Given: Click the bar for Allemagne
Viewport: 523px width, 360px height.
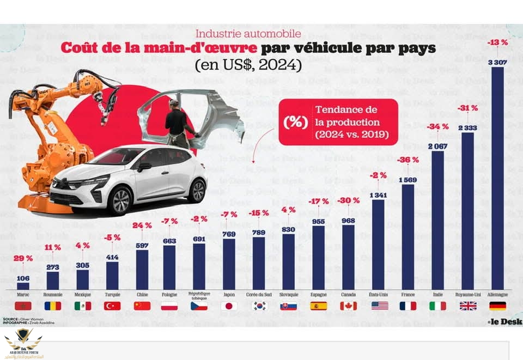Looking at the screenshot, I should [x=497, y=180].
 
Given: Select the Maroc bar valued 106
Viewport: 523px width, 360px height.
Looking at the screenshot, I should [x=23, y=285].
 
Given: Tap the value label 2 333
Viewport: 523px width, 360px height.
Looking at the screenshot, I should [x=467, y=127].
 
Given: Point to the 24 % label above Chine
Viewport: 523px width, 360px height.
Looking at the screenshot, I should [x=142, y=225].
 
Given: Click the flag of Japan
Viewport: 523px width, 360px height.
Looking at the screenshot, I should [x=229, y=306].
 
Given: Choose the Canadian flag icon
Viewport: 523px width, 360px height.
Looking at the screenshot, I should [x=348, y=306].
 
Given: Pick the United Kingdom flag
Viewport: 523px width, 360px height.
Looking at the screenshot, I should [x=467, y=306].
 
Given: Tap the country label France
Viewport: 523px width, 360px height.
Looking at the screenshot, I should [x=408, y=294].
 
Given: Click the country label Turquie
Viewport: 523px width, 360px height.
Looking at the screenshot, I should [x=112, y=294].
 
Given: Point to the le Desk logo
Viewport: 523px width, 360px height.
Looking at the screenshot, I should [x=504, y=322].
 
